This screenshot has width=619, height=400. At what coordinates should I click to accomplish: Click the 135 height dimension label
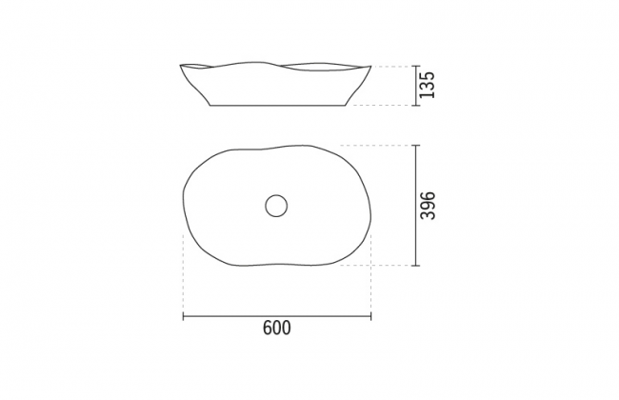427,85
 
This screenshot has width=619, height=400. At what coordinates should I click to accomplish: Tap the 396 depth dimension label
428,206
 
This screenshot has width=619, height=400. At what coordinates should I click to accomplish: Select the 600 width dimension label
277,329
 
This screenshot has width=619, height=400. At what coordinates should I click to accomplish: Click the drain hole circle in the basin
276,206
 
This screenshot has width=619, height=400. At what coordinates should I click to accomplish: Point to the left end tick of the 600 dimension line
183,316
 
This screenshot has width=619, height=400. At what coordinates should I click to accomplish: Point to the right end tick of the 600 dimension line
370,316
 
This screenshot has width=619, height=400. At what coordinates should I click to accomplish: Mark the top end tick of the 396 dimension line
415,146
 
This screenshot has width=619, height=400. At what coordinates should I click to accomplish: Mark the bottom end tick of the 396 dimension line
415,266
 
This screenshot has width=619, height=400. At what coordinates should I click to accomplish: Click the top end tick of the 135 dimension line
415,66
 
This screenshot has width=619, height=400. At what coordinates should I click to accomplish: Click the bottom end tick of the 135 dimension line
415,106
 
